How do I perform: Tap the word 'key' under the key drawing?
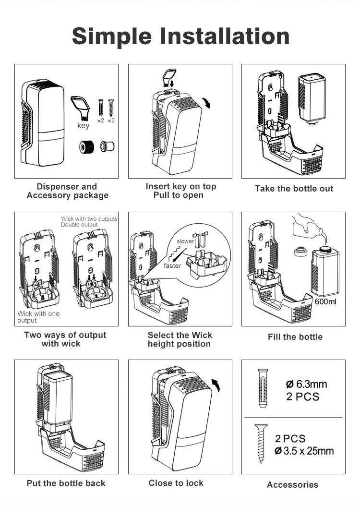(83, 126)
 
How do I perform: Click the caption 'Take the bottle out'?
(294, 189)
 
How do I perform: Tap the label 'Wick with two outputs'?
(89, 219)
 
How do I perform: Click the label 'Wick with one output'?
(38, 317)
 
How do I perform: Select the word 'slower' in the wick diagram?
(185, 241)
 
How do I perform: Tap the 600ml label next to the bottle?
(325, 301)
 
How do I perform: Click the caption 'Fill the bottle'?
(295, 337)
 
